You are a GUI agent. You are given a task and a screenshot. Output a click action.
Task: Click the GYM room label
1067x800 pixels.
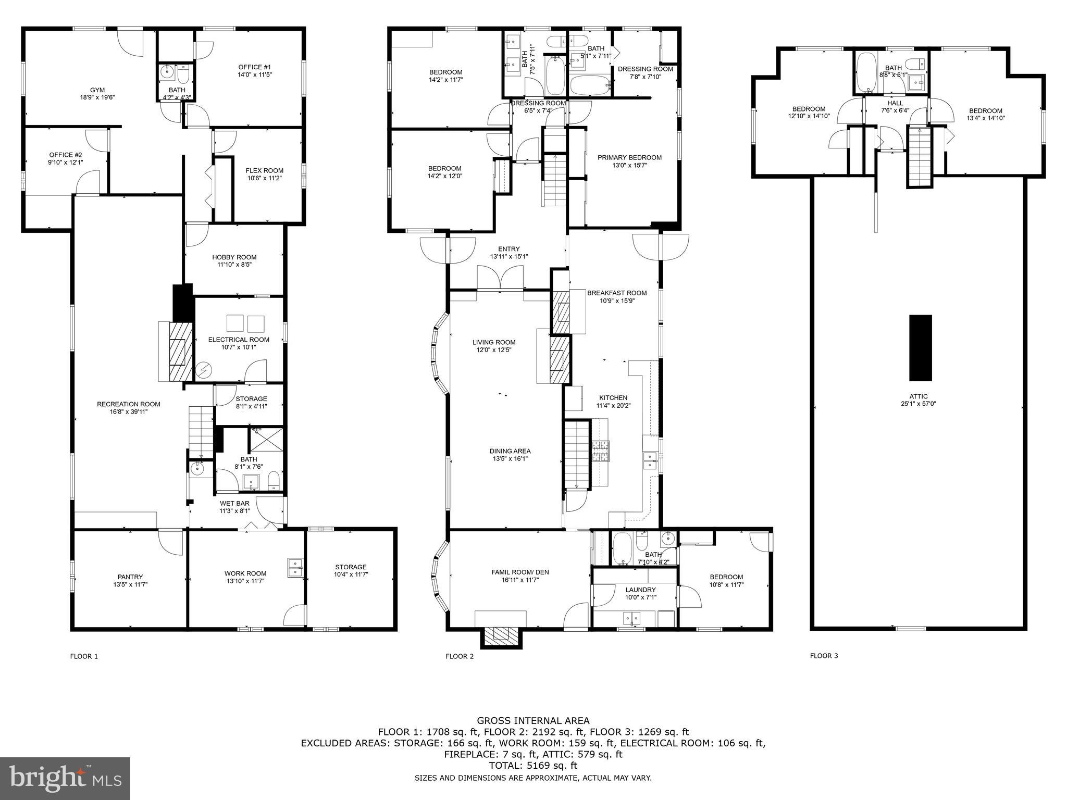(x=97, y=90)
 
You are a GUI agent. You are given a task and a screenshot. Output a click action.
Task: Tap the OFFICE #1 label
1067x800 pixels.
(x=254, y=67)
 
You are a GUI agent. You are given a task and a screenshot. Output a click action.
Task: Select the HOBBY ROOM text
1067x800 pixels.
(x=234, y=257)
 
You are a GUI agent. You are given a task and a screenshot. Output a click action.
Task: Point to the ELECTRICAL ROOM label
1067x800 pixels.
(x=239, y=340)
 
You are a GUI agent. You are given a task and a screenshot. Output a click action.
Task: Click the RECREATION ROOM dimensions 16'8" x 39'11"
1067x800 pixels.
(x=129, y=411)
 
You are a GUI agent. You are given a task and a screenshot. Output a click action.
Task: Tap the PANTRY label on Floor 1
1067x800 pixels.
(x=130, y=577)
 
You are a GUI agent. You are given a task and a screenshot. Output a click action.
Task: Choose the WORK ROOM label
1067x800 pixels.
(x=245, y=573)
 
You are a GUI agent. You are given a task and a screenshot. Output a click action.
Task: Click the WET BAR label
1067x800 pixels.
(x=234, y=504)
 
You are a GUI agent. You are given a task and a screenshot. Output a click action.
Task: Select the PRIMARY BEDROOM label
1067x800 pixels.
(x=629, y=157)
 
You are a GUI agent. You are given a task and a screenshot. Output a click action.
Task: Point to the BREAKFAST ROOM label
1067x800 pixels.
(x=617, y=293)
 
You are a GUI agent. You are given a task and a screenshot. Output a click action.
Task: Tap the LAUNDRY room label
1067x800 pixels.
(x=640, y=590)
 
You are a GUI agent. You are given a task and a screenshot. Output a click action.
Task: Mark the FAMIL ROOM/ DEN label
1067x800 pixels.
(x=520, y=572)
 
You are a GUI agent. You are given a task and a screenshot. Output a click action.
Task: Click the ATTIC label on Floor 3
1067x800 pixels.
(x=919, y=396)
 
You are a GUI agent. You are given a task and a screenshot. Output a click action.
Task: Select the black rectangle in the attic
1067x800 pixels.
(x=920, y=347)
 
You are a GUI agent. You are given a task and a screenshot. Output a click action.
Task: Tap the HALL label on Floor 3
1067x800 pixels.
(x=895, y=103)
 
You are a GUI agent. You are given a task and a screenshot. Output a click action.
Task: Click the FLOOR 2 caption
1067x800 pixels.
(x=460, y=656)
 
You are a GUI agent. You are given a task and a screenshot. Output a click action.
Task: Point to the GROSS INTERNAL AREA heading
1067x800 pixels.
(x=533, y=721)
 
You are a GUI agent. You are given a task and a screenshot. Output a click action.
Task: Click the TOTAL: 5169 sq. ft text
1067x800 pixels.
(x=533, y=766)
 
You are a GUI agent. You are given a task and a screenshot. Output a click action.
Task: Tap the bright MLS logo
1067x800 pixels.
(x=65, y=778)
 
